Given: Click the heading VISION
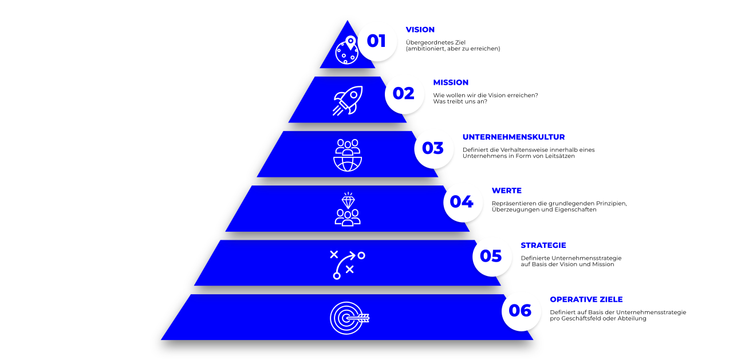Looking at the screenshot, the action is [420, 30].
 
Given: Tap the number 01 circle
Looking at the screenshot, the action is [377, 42].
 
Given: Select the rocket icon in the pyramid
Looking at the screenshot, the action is [348, 101].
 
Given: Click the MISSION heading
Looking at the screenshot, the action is [451, 82].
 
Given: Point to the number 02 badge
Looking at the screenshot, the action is [404, 94].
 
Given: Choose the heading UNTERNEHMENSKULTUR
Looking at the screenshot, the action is [514, 137].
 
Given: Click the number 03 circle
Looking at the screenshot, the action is [434, 149].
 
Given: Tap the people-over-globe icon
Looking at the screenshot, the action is [348, 155].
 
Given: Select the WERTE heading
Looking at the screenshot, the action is [507, 191].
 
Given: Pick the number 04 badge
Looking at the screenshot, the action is [462, 203].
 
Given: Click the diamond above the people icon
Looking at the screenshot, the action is [348, 200].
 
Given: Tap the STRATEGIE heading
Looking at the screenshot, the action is [543, 245].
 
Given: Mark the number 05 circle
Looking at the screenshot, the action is [491, 256].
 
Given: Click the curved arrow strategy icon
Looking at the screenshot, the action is [347, 265].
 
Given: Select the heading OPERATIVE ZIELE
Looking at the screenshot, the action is [586, 299].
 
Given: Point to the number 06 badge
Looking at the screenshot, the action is [521, 311].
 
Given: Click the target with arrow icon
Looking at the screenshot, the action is [349, 318].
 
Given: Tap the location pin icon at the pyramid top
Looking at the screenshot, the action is [350, 42].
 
